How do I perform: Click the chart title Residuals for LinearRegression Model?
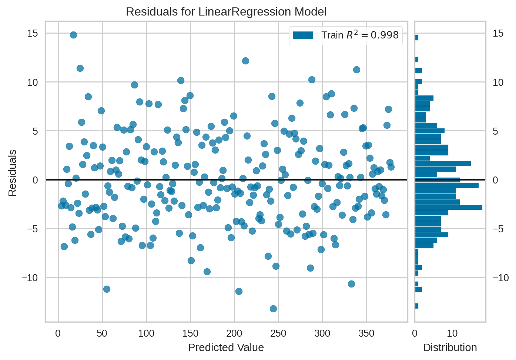click(226, 12)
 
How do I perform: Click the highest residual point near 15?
click(73, 35)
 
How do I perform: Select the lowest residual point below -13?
click(273, 309)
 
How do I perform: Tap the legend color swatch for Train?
click(303, 35)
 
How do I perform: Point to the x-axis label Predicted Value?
click(226, 347)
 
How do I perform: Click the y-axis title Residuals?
click(13, 173)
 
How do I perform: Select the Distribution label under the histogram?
click(450, 347)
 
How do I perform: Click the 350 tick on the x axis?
click(366, 333)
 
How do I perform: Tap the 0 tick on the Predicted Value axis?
click(58, 333)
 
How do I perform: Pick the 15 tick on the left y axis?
click(33, 33)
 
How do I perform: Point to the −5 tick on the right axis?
click(500, 229)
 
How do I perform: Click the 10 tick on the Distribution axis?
click(452, 333)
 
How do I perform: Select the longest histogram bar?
click(448, 207)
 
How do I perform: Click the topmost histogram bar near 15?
click(417, 38)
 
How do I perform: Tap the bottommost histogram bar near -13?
click(417, 306)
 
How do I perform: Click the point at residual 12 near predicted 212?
click(245, 61)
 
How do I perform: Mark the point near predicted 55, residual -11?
click(107, 289)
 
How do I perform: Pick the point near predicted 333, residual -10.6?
click(351, 284)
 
